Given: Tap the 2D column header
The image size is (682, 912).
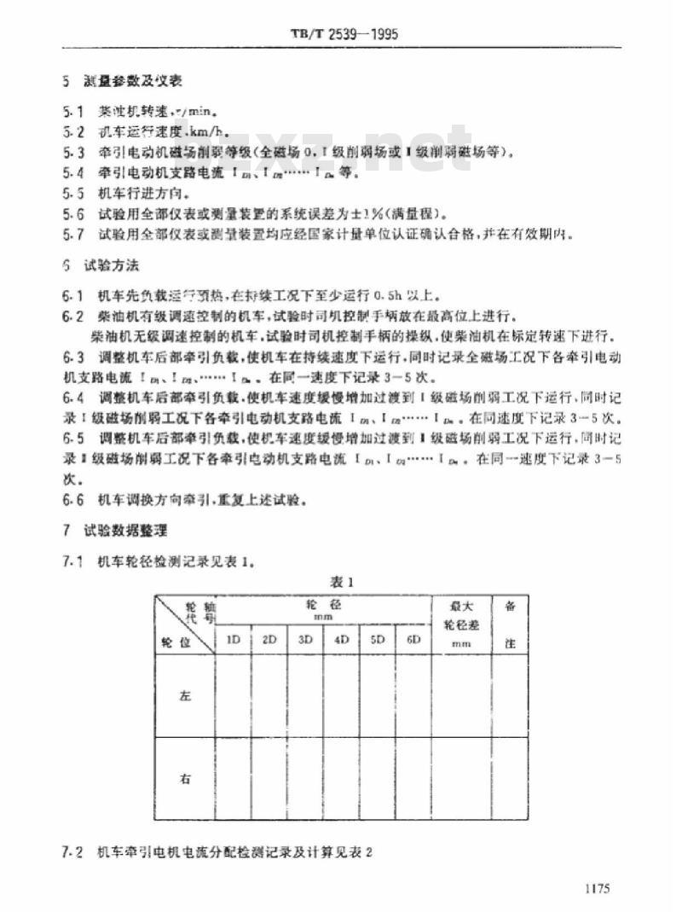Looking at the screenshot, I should coord(270,639).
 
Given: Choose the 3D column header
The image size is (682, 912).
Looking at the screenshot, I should coord(306,639).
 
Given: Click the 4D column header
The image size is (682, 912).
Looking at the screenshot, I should coord(342,639).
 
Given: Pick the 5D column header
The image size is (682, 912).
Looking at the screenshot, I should coord(379,639).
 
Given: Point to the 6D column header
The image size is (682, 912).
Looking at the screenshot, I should coord(413,639).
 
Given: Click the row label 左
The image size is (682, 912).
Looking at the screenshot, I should coord(184,696).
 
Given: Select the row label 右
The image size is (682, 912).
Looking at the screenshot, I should coord(184,778).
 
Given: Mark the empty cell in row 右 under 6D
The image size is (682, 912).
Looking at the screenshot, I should coord(413,778).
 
